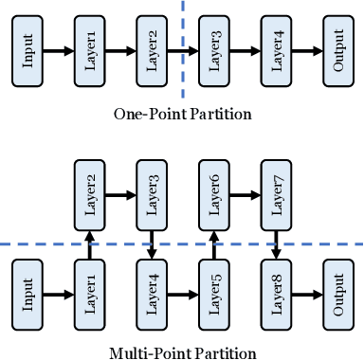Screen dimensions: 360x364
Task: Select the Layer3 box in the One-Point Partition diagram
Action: pos(212,51)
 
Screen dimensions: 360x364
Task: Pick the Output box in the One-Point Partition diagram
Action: pos(337,51)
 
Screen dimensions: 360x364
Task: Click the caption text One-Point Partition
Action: pos(182,115)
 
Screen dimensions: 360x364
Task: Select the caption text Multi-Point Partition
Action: pos(182,353)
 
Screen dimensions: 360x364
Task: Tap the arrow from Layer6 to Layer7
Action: pos(244,195)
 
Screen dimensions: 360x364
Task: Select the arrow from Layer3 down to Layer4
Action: pos(152,243)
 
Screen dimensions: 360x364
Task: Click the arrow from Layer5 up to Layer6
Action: pos(212,243)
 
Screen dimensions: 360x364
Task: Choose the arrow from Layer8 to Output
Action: pos(306,293)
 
